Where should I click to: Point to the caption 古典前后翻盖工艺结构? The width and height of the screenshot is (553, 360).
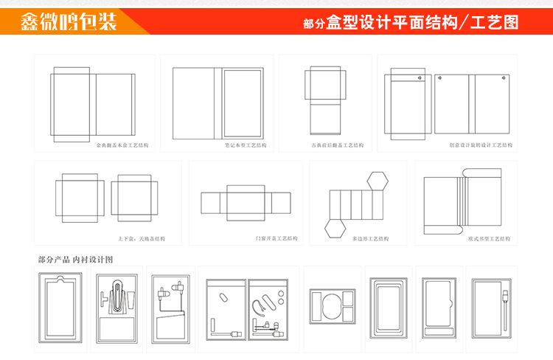338,145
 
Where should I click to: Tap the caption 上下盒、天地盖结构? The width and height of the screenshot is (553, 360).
142,239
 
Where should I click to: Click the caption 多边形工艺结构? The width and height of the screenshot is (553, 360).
370,239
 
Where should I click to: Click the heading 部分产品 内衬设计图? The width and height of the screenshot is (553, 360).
75,260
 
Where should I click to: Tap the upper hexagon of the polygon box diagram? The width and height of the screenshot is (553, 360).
379,180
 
